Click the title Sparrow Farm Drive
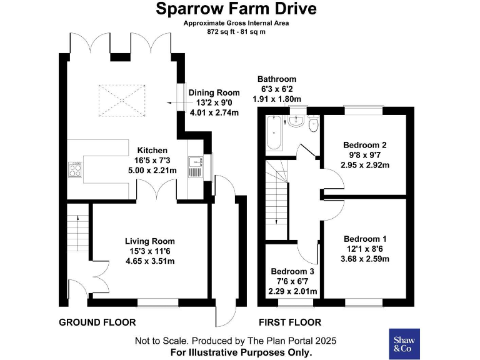pyautogui.click(x=236, y=9)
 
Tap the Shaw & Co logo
pyautogui.click(x=404, y=343)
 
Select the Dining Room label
pyautogui.click(x=214, y=92)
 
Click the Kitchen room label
pyautogui.click(x=152, y=150)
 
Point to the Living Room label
pyautogui.click(x=149, y=241)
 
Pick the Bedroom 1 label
pyautogui.click(x=365, y=239)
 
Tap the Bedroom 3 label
pyautogui.click(x=292, y=272)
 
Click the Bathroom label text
pyautogui.click(x=277, y=79)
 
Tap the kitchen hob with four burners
pyautogui.click(x=76, y=170)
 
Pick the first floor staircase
pyautogui.click(x=276, y=194)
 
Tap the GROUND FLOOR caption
pyautogui.click(x=97, y=322)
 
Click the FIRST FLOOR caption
pyautogui.click(x=289, y=322)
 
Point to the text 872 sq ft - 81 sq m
pyautogui.click(x=236, y=31)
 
